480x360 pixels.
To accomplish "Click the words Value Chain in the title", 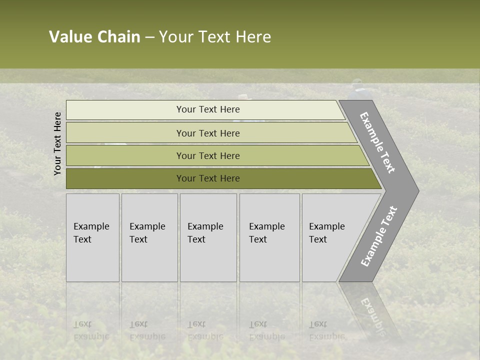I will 94,37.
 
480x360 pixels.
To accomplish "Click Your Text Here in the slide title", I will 215,37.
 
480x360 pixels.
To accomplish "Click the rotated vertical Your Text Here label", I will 57,143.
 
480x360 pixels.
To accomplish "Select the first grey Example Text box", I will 92,237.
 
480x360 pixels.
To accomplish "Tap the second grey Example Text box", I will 149,237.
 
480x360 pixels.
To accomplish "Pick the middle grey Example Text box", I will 208,237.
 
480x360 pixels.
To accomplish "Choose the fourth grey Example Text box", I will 269,237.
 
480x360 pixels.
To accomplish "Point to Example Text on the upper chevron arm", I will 377,142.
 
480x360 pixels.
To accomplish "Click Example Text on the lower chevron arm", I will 379,236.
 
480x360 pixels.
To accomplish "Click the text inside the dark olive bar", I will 208,178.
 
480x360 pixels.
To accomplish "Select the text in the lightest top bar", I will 208,109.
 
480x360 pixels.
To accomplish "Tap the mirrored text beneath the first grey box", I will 91,330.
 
